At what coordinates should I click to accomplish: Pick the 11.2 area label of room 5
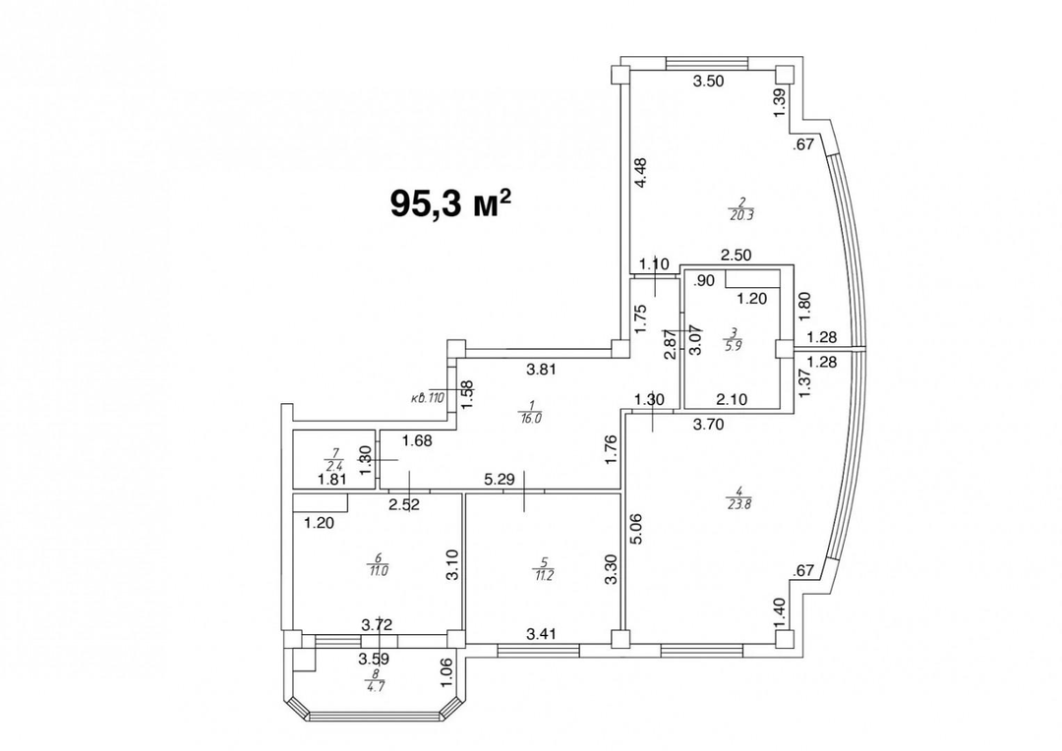542,574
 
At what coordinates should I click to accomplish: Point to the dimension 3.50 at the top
708,83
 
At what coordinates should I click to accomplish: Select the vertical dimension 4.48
640,174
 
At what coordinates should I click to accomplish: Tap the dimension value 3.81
543,370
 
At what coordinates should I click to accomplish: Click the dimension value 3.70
710,425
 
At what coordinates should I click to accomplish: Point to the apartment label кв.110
429,399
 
